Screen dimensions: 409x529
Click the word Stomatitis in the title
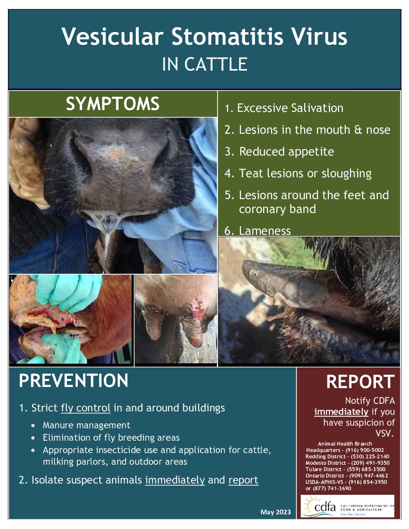coord(227,36)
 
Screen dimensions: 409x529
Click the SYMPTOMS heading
coord(112,104)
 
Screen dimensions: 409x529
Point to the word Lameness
coord(265,231)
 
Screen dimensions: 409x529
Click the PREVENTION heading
coord(74,381)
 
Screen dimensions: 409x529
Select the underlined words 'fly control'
coord(85,408)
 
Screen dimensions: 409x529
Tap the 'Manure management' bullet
coord(86,425)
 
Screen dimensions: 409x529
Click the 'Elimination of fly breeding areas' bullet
coord(111,437)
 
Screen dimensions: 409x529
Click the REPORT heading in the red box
coord(360,382)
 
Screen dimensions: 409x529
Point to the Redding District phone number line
coord(347,456)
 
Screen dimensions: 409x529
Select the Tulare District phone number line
coord(345,469)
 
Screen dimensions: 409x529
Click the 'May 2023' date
coord(276,512)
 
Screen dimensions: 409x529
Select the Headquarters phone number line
coord(345,450)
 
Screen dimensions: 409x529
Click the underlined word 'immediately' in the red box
coord(341,412)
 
